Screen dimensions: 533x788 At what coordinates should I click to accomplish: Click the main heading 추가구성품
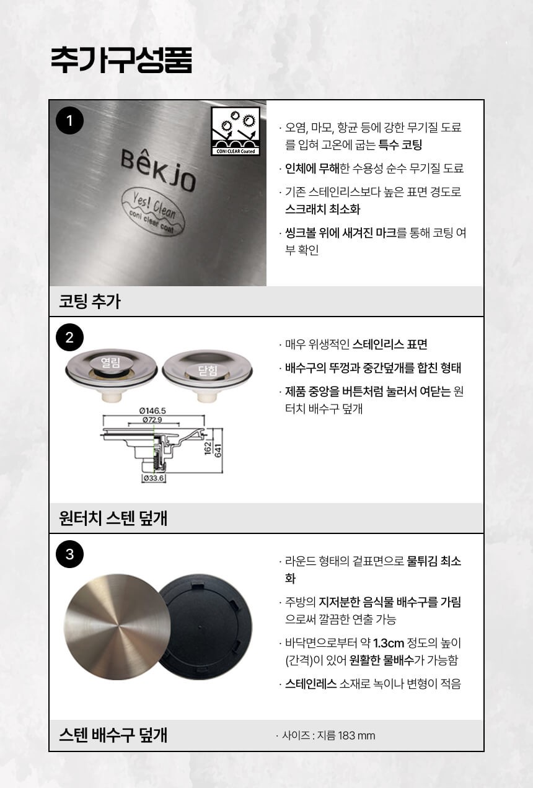coord(121,60)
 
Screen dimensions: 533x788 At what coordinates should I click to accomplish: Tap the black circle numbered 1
coord(69,121)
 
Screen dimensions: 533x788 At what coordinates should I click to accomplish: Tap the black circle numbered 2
coord(69,338)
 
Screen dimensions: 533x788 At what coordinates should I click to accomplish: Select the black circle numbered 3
coord(69,554)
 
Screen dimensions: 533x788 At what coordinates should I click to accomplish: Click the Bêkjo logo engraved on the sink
coord(158,170)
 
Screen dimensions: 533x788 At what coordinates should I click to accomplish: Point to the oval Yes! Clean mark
coord(154,212)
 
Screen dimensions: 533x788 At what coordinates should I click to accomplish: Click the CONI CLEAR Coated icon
coord(236,131)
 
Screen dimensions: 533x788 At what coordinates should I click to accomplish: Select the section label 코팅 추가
coord(90,302)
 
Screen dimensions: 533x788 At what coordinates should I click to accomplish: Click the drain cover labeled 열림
coord(111,375)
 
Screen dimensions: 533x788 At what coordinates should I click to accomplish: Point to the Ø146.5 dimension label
coord(152,411)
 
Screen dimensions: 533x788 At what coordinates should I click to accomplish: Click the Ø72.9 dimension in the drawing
coord(152,419)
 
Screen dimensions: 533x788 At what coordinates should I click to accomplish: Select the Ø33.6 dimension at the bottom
coord(154,478)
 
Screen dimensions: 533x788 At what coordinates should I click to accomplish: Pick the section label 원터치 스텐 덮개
coord(113,518)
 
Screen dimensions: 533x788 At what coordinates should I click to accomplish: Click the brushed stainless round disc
coord(117,627)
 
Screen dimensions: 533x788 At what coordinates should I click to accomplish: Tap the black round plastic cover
coord(206,628)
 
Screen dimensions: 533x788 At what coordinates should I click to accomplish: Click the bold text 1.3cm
coord(389,644)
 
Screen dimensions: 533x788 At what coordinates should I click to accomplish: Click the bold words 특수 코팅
coord(400,145)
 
